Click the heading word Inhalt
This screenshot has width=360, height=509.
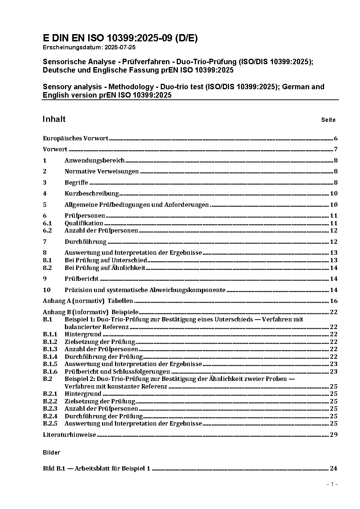click(54, 119)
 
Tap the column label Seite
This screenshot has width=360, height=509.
click(328, 120)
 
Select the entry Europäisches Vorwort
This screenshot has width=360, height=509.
click(75, 138)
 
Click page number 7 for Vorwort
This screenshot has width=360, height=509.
click(336, 149)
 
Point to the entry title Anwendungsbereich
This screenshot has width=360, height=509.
click(94, 160)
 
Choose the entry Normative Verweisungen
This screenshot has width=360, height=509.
click(102, 171)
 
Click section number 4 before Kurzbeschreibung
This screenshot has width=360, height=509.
click(45, 193)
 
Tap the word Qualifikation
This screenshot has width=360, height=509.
click(84, 223)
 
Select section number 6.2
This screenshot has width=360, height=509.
click(47, 230)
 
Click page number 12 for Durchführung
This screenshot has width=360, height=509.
click(334, 242)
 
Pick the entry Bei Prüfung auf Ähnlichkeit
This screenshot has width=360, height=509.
click(105, 268)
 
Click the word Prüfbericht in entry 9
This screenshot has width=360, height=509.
click(82, 279)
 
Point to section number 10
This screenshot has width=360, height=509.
click(46, 290)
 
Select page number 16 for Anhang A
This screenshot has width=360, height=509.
click(334, 301)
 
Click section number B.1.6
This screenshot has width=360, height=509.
click(50, 372)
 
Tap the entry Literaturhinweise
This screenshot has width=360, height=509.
click(69, 435)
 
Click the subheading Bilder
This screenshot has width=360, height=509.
click(51, 452)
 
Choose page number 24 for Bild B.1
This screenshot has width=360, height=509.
click(334, 468)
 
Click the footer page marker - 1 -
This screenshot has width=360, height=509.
click(332, 484)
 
